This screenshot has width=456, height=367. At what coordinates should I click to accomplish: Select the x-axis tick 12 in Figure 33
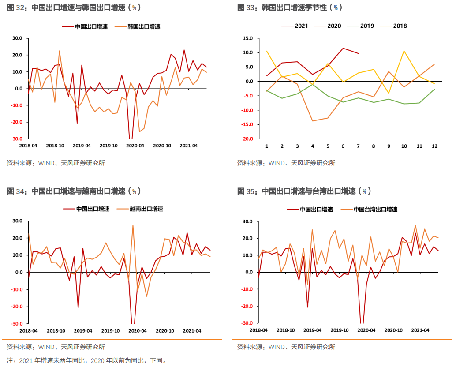tap(434, 146)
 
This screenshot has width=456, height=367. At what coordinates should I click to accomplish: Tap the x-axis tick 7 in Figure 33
tap(358, 146)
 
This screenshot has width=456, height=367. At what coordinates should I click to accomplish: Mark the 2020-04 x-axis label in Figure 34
tap(137, 330)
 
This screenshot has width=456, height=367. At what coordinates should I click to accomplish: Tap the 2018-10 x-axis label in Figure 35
tap(285, 330)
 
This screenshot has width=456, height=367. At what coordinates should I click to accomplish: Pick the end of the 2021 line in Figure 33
tap(358, 53)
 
